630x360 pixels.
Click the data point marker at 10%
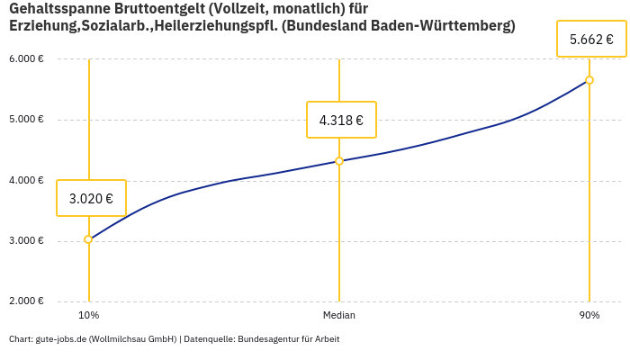coord(88,239)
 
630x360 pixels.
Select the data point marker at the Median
coord(339,161)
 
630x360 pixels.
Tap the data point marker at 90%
coord(589,80)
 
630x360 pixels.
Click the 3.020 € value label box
coord(91,198)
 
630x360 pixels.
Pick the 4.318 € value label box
coord(341,120)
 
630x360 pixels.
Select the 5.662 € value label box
coord(591,40)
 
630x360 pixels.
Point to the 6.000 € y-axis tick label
coord(26,59)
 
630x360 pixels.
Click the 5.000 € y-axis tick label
coord(26,120)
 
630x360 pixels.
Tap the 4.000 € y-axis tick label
coord(26,181)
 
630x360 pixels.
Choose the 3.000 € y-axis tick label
coord(26,241)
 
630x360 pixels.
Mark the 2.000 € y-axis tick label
coord(26,301)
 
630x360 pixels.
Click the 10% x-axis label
coord(88,316)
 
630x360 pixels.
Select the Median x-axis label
coord(339,316)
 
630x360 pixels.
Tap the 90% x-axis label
coord(589,316)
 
